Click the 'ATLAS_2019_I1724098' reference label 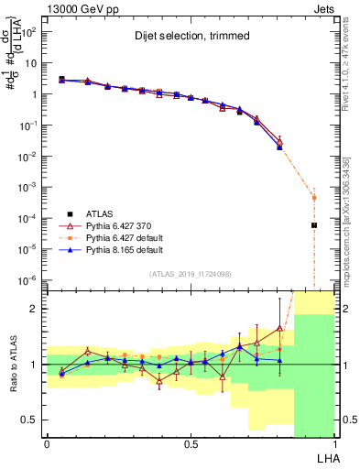click(x=190, y=274)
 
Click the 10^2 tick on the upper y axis click(x=32, y=32)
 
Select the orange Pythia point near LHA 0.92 click(x=313, y=197)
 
